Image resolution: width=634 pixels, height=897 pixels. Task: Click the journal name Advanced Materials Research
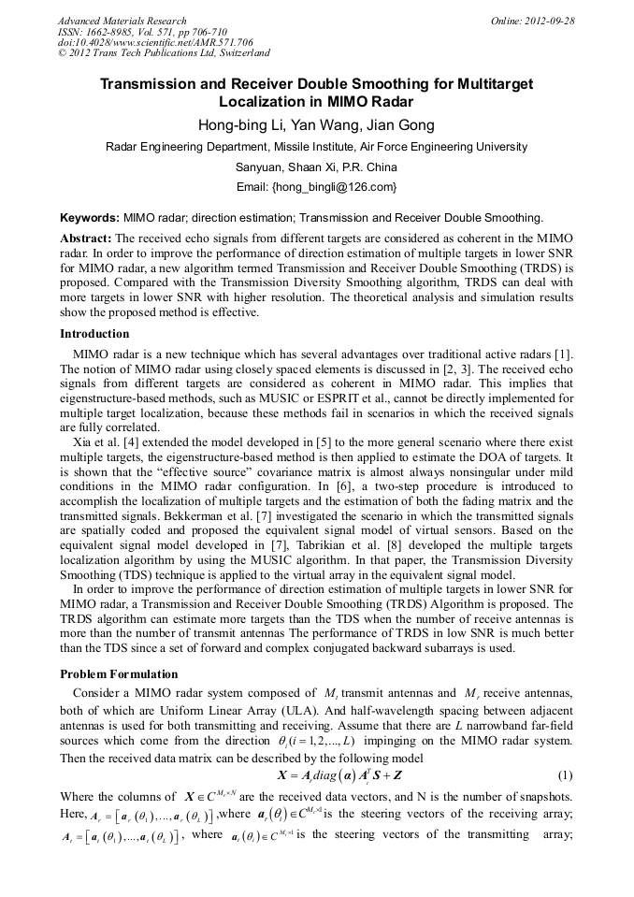tap(122, 21)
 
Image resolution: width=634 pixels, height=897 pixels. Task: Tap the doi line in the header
tap(155, 43)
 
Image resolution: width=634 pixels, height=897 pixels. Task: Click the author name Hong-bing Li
tap(234, 125)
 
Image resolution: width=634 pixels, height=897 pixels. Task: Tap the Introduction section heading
tap(95, 334)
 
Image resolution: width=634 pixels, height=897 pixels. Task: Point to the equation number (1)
tap(565, 775)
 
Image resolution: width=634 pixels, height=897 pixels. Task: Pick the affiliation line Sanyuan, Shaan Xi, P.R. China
tap(316, 167)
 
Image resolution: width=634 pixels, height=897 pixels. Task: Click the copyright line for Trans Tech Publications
tap(164, 54)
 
